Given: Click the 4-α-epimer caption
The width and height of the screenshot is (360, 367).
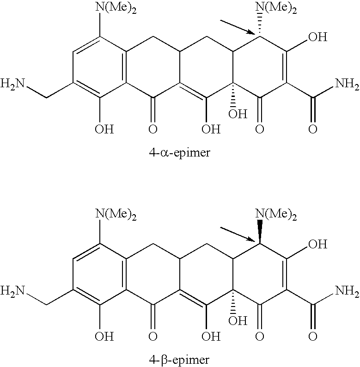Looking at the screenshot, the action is coord(179,153).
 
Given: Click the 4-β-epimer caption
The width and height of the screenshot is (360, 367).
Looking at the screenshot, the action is coord(179,360).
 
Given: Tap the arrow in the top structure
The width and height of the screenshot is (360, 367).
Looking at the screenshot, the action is coord(238,27).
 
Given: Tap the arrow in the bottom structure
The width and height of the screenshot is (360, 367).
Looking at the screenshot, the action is coord(238,234).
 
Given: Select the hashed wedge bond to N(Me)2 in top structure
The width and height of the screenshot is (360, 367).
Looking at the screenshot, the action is coord(260,24).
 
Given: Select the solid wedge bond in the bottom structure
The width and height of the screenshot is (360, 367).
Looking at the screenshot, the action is coord(260,231).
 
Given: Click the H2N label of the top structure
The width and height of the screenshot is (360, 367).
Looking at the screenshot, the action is coord(12,83).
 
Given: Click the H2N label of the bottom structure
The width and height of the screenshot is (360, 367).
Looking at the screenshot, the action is coord(12,291).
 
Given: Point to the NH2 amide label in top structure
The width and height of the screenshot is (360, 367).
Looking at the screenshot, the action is coord(347,84).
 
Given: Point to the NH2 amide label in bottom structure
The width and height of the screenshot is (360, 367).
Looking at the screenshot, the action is coord(347,291).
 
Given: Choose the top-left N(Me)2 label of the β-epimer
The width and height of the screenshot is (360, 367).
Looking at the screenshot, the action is coord(116,215).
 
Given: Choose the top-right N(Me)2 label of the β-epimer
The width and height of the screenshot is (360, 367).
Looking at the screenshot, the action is coord(276,215).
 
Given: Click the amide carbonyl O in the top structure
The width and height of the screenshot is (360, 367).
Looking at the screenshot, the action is coord(313,129).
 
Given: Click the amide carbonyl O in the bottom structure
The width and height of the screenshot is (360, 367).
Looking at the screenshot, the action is coord(313,337).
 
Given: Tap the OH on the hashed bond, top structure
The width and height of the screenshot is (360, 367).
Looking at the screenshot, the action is coord(238,114).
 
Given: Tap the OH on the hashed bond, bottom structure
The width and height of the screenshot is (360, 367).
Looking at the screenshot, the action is coord(238,321).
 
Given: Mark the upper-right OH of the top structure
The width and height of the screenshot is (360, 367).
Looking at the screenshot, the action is coord(318,37).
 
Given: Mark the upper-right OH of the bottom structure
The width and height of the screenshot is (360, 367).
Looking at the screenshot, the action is coord(318,244).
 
